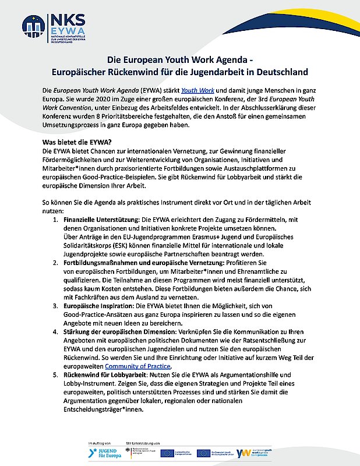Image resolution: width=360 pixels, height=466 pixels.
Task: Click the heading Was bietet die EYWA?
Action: pos(76,143)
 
